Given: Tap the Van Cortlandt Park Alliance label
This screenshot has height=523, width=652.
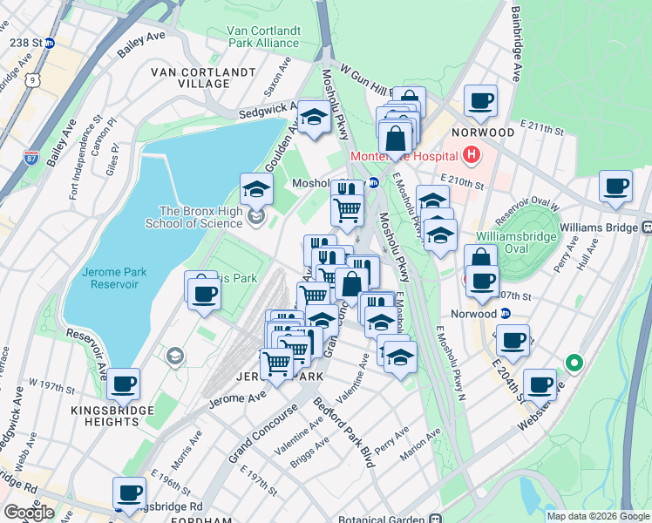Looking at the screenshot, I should (263, 36).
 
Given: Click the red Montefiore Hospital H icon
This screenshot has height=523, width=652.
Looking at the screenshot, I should (472, 156).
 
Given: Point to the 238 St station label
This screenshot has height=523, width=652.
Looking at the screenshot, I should (24, 42).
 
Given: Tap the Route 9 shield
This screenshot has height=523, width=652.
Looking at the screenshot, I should (31, 80).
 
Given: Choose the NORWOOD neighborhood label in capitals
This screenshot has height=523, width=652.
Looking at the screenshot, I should (483, 132).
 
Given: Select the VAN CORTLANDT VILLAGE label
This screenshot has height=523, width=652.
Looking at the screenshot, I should (203, 78).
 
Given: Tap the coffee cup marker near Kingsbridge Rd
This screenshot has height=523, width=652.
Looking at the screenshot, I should (130, 492).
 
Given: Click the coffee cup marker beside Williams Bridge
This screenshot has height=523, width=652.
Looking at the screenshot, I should (615, 187).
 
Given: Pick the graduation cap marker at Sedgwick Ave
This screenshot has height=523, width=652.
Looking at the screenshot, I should (314, 119).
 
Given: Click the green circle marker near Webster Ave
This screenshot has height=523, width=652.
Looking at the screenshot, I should (574, 362).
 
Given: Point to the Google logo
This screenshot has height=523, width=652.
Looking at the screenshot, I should (30, 513).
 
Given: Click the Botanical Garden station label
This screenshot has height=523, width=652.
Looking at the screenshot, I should (382, 517).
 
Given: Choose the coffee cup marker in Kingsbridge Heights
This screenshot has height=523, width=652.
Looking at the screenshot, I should (124, 382).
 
